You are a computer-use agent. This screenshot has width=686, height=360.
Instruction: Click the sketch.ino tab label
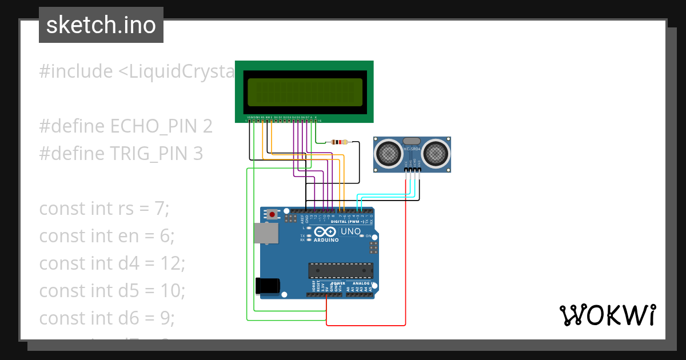(101, 25)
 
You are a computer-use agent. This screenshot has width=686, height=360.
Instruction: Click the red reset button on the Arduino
(273, 214)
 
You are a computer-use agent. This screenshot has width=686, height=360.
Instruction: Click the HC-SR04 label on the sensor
(412, 149)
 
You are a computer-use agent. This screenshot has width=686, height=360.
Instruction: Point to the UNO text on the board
(350, 231)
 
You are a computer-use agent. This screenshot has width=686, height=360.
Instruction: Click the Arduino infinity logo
(325, 232)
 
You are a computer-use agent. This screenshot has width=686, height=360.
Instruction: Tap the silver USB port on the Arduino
(266, 234)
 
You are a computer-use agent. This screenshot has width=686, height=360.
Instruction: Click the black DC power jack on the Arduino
(268, 286)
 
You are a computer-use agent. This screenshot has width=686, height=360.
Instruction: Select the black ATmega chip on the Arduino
(341, 270)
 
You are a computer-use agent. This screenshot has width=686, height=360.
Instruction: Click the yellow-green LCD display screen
(305, 92)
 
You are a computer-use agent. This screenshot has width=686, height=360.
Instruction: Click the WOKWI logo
(607, 315)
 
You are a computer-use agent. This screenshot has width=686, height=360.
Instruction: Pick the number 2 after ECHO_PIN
(208, 126)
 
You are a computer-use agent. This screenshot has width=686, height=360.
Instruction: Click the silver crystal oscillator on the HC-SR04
(412, 141)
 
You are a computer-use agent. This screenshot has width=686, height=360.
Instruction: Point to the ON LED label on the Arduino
(369, 236)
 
